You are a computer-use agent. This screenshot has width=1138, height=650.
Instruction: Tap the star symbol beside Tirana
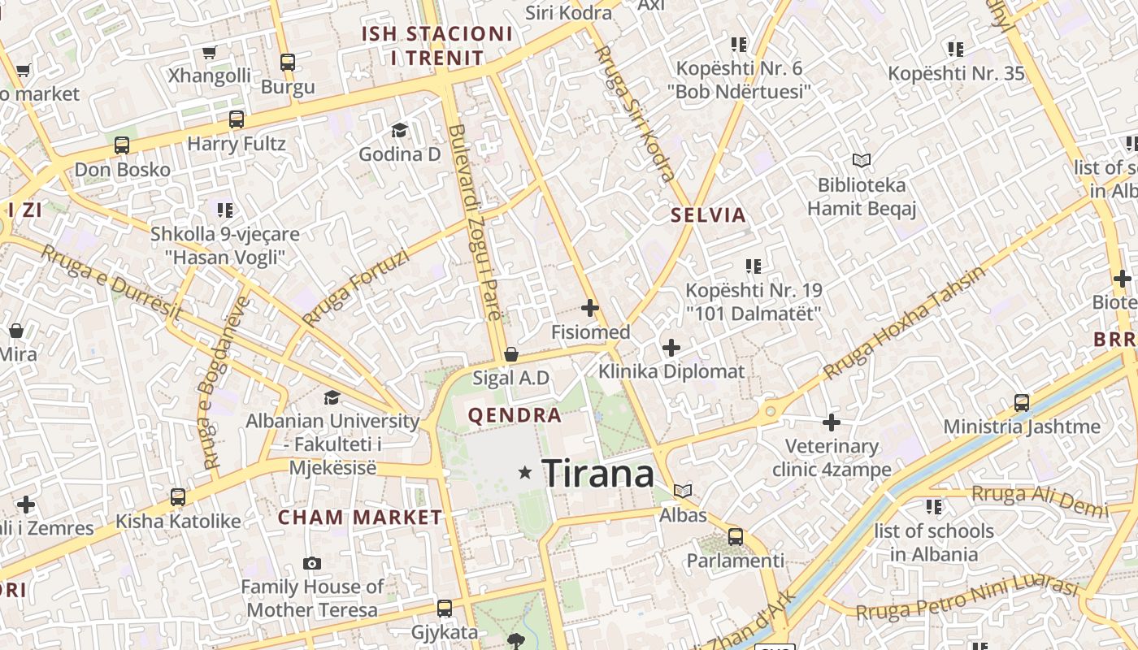point(525,472)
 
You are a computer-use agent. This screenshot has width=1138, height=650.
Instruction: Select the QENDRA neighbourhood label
point(515,416)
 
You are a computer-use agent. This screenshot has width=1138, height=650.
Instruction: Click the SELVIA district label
point(708,215)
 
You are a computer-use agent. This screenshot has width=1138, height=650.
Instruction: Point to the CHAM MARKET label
point(360,518)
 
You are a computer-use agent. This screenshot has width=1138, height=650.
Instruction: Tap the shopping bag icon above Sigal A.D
point(511,354)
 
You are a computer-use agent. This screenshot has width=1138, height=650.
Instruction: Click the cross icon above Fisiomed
point(590,308)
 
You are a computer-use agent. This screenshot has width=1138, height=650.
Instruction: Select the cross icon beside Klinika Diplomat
point(671,348)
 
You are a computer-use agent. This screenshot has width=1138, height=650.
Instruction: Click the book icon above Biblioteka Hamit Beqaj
point(861,161)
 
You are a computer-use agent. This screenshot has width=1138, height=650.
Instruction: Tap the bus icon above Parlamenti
point(735,536)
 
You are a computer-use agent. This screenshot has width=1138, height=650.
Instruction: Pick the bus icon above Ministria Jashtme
point(1021,402)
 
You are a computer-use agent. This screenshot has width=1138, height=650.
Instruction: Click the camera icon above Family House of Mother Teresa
point(311,563)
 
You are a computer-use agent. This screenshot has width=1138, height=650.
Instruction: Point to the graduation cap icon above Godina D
point(399,130)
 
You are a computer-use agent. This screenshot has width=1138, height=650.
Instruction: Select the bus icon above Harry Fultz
point(237,119)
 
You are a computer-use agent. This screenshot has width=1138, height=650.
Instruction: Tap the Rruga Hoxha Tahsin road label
point(903,323)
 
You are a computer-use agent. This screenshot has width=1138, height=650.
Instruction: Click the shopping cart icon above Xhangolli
point(210,53)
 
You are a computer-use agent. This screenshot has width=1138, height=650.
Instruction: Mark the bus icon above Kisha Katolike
point(177,496)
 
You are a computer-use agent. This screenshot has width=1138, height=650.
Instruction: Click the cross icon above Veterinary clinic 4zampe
point(831,422)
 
